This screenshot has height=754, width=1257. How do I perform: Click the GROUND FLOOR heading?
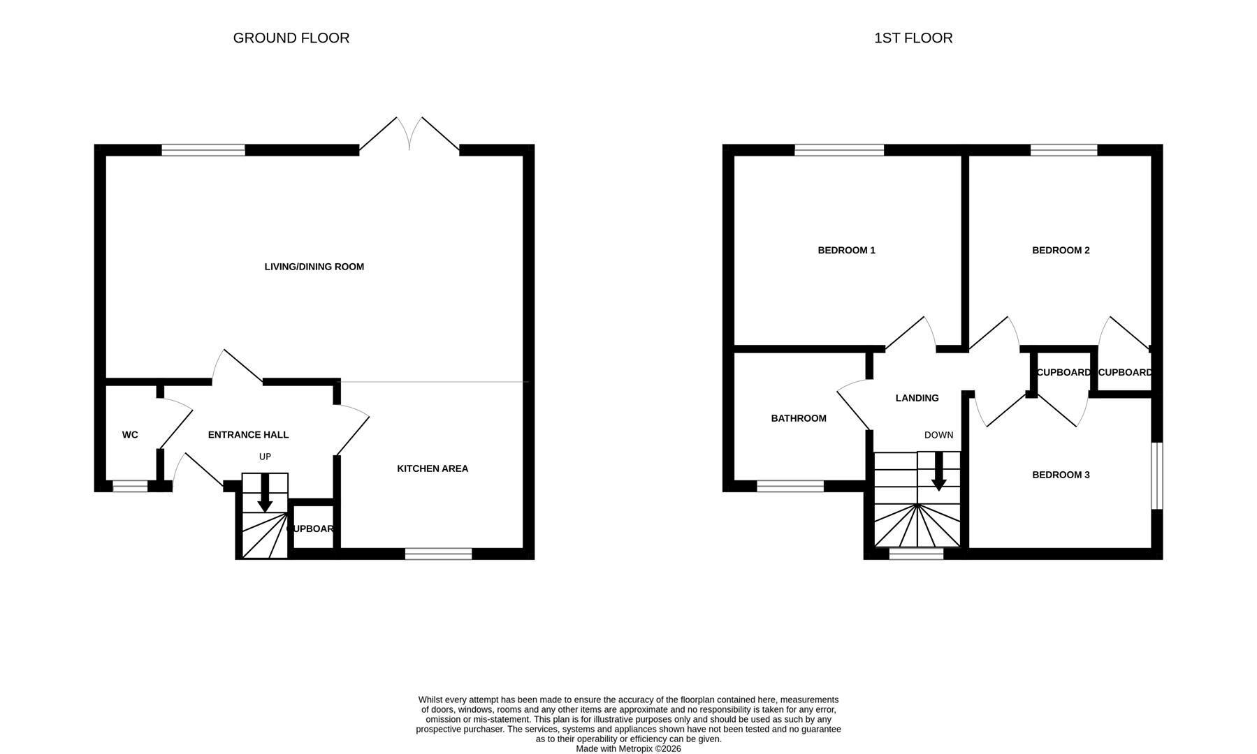coord(291,38)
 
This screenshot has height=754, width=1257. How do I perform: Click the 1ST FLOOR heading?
coord(913,38)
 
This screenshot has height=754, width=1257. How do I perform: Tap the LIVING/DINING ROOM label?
coord(314,267)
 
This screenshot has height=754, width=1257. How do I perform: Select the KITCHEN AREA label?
coord(433,468)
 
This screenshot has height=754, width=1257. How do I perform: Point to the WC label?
coord(130,435)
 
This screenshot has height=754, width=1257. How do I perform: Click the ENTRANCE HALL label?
coord(248,435)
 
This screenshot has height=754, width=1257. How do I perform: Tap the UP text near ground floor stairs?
coord(265,457)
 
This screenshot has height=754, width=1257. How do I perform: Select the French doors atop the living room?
coord(409,136)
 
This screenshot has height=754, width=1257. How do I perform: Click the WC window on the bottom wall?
coord(131,486)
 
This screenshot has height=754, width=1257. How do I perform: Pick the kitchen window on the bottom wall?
coord(438,554)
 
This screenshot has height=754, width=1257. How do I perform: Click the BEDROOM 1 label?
coord(846,250)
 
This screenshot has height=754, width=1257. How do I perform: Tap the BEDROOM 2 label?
coord(1061,250)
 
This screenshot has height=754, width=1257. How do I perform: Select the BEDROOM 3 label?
coord(1061,475)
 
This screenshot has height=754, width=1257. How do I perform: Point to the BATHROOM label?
coord(799,418)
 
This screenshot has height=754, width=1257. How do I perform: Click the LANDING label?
coord(917,398)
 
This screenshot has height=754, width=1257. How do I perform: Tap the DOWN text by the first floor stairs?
coord(938,435)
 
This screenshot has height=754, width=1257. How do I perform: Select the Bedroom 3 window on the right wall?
coord(1157,475)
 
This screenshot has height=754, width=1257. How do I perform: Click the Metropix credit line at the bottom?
coord(628,748)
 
